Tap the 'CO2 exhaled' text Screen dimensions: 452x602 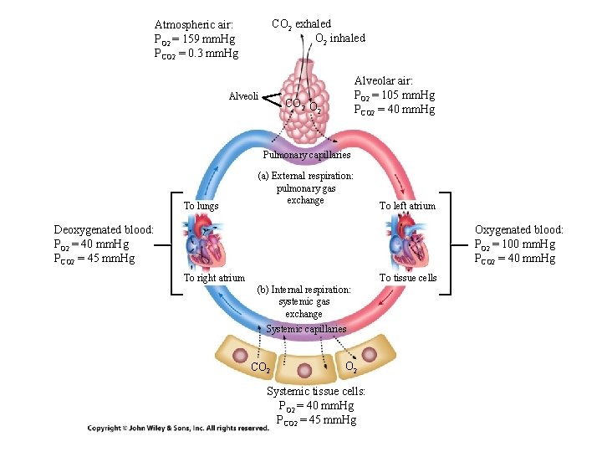301,23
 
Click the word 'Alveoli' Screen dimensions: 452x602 243,96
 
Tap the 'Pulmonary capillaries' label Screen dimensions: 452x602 306,155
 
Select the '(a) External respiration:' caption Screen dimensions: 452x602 305,176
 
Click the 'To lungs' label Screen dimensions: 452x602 201,206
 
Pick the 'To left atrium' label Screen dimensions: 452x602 407,206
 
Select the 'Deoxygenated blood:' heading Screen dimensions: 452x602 104,229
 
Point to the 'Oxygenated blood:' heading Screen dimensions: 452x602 518,229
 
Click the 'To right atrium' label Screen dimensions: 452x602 214,278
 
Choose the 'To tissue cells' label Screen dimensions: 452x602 407,278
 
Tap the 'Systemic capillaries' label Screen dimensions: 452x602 305,329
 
